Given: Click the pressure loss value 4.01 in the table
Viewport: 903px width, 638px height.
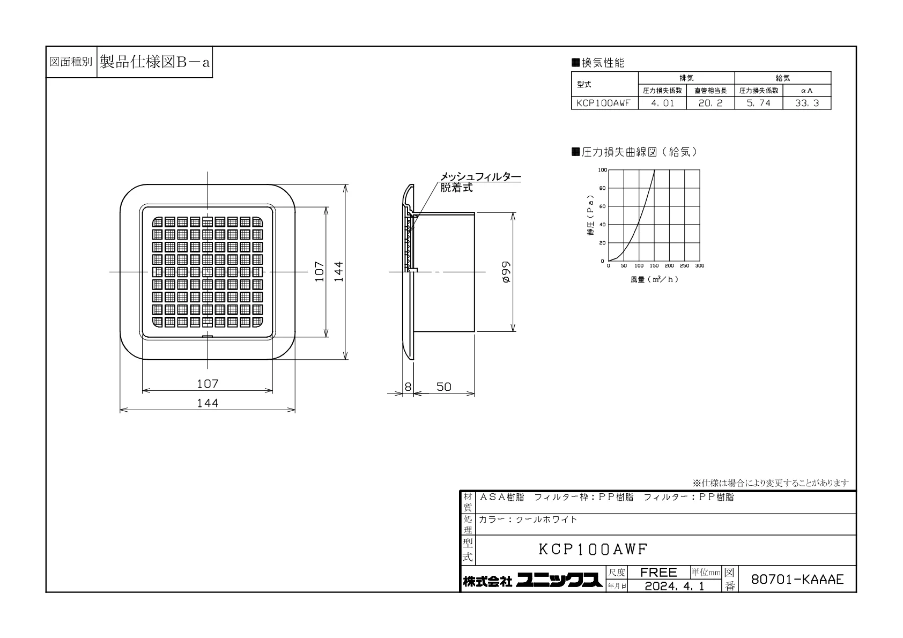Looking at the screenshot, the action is (x=662, y=103).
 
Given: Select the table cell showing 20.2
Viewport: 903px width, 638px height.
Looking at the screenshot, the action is (x=710, y=103).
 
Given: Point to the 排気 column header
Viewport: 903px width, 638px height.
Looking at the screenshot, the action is (x=686, y=78).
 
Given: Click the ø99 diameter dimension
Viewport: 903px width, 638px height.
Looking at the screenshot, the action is (x=506, y=272).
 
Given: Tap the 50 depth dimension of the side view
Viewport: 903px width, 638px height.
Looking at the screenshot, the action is (x=443, y=387).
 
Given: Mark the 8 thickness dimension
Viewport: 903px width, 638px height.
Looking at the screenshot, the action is (x=408, y=387).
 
